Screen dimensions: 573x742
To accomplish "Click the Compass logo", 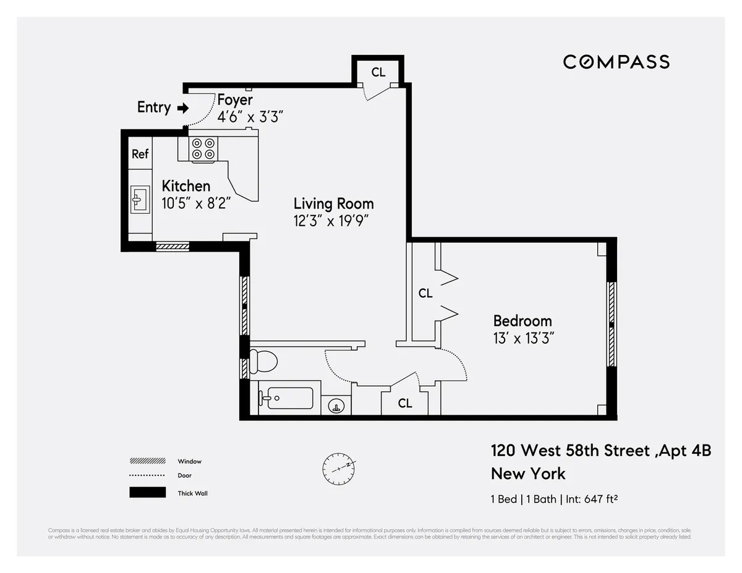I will pos(616,62).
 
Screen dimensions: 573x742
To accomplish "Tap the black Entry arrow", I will pos(182,108).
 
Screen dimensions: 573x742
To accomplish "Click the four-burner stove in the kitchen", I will pos(203,149).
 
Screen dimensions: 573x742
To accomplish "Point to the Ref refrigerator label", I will pos(140,154).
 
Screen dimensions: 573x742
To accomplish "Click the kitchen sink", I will pos(139,199).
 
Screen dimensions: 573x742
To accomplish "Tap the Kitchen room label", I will pos(185,186).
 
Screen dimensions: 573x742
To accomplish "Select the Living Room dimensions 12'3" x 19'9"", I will pos(333,221).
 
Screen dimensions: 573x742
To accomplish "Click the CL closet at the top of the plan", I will pos(378,72).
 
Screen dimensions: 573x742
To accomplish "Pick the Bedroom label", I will pos(522,321).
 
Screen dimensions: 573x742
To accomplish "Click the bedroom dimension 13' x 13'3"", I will pos(522,339).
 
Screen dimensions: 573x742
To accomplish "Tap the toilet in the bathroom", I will pos(264,360).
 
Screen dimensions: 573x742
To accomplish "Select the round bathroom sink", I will pos(336,406).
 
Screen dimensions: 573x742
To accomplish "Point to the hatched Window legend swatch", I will pos(147,461).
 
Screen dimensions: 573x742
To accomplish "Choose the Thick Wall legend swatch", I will pos(147,493).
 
